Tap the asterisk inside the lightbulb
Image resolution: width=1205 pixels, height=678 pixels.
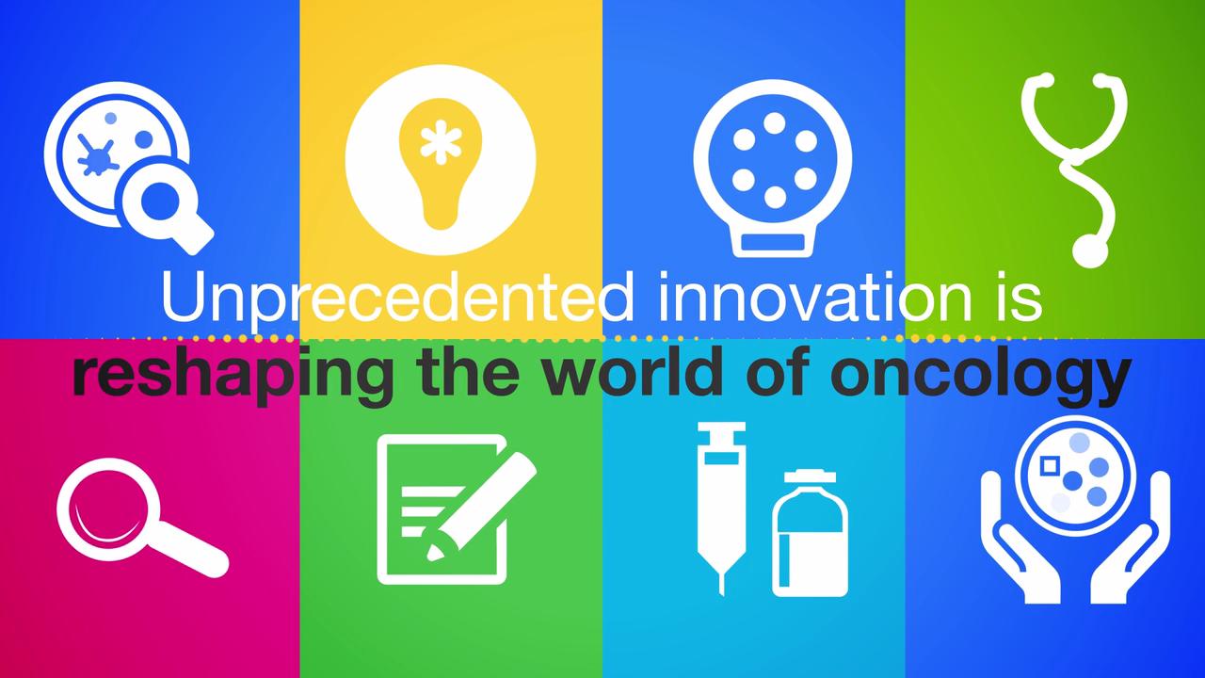[x=442, y=142]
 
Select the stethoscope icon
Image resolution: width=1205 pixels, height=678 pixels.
[x=1074, y=170]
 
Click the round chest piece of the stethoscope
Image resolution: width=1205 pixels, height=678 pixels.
[x=1090, y=250]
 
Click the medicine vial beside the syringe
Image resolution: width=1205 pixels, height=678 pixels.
[x=811, y=533]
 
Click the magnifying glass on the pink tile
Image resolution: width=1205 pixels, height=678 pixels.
[x=142, y=517]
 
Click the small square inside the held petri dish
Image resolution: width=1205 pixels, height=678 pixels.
[x=1049, y=466]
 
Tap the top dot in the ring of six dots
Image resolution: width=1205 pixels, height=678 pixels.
[x=774, y=123]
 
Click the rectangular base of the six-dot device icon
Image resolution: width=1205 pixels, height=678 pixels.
[x=773, y=243]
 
